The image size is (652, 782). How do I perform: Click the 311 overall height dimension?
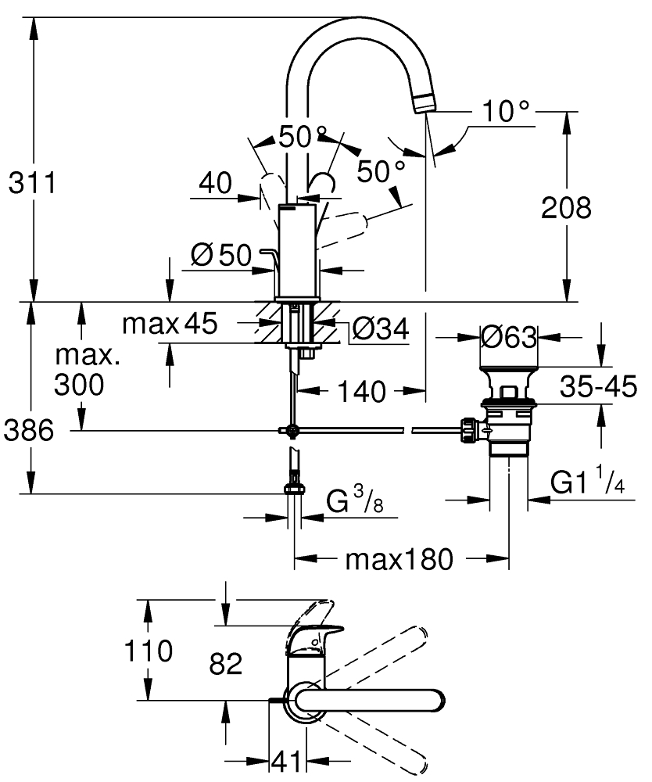[33, 183]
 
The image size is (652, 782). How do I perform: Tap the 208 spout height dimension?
[566, 207]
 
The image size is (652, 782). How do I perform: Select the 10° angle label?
[506, 111]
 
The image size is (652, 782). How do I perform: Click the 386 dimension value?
[29, 430]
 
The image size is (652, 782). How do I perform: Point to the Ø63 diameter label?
[509, 338]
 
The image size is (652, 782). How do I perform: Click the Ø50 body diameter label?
[222, 255]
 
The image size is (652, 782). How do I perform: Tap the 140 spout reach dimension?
[362, 392]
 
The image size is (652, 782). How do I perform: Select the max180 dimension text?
[399, 560]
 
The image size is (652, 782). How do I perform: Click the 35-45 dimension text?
[598, 386]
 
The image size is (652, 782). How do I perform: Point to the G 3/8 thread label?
[355, 499]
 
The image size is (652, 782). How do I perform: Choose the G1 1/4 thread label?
[588, 480]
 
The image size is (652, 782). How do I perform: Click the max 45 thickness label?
[170, 323]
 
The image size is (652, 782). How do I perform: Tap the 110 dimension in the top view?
[148, 651]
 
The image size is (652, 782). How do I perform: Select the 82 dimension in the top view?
[226, 664]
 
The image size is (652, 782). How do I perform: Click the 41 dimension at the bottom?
[287, 761]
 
